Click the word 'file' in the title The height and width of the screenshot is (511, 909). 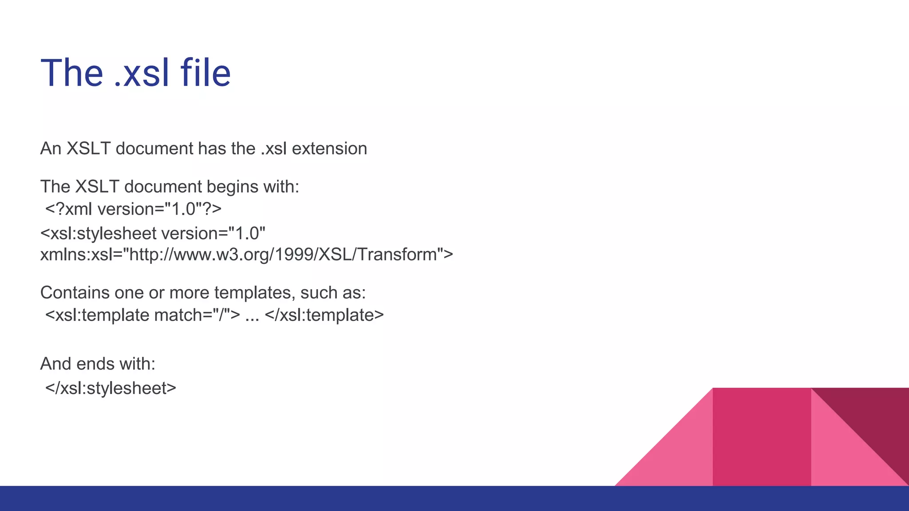(206, 73)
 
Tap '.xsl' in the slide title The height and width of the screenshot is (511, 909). (142, 73)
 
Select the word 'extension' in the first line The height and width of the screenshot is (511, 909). (329, 149)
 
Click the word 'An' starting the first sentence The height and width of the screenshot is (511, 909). (51, 149)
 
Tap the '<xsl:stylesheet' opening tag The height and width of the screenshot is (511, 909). (98, 233)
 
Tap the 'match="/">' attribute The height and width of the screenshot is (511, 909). (197, 315)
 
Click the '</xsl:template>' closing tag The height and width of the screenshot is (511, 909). (324, 315)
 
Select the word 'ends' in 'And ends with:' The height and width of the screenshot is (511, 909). (95, 364)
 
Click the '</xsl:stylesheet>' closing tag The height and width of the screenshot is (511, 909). (111, 388)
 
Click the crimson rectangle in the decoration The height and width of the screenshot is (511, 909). (761, 437)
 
